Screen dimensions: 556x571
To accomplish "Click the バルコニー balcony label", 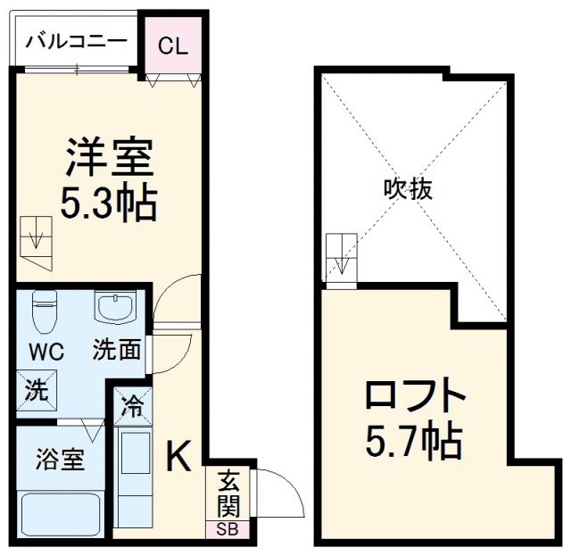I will tap(76, 41).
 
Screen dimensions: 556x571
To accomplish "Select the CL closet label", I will tap(174, 46).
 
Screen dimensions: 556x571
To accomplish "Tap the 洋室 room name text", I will tap(109, 159).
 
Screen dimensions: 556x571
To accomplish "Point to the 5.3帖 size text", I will tap(109, 203).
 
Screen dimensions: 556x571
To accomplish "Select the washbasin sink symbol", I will tap(115, 309).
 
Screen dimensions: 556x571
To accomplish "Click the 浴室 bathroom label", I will tap(60, 461).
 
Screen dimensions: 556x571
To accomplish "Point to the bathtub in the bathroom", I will tap(61, 514).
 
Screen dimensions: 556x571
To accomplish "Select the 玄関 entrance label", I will tap(228, 494).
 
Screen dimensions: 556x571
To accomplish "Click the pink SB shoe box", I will tap(228, 529).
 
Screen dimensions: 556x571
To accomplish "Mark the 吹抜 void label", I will tap(401, 188).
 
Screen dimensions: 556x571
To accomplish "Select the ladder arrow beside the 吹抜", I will tap(342, 260).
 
